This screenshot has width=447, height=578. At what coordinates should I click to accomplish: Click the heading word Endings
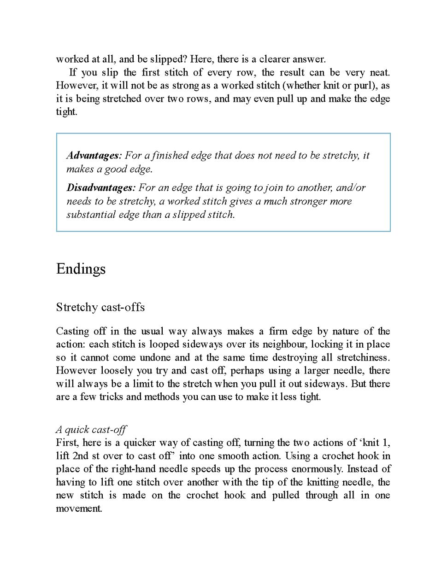(x=81, y=269)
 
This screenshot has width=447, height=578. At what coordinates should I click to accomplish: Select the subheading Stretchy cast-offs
(x=100, y=307)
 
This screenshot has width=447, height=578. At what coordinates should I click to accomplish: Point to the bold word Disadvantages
(x=100, y=187)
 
